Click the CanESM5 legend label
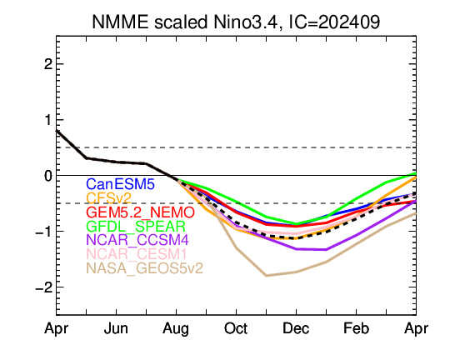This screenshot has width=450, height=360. [x=120, y=184]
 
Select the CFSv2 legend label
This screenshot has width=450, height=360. [x=109, y=198]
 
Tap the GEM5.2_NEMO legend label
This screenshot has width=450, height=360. [x=140, y=212]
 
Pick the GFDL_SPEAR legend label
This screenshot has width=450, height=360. [x=136, y=226]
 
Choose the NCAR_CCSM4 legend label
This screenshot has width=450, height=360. [x=137, y=240]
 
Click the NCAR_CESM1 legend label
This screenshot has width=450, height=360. [x=137, y=254]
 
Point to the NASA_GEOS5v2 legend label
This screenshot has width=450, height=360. [x=144, y=268]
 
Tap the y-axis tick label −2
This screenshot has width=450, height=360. [x=44, y=287]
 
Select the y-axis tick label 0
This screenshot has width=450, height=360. [x=48, y=175]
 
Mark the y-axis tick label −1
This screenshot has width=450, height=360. [x=44, y=231]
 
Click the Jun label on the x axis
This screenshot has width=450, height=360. [x=116, y=328]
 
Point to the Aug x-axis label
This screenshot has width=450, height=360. [x=176, y=329]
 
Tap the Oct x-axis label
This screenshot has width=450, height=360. [x=236, y=328]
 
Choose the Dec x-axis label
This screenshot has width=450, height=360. [x=296, y=328]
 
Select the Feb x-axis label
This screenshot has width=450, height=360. [x=356, y=328]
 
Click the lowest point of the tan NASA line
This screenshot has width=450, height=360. [x=267, y=276]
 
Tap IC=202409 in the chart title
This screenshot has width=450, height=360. [x=334, y=22]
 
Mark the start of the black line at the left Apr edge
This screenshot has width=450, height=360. [x=57, y=131]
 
